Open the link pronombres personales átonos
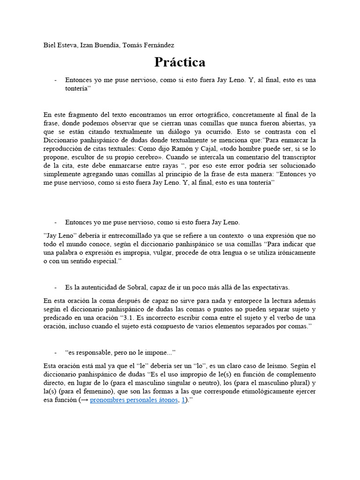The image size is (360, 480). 134,400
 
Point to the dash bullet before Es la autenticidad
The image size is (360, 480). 55,287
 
